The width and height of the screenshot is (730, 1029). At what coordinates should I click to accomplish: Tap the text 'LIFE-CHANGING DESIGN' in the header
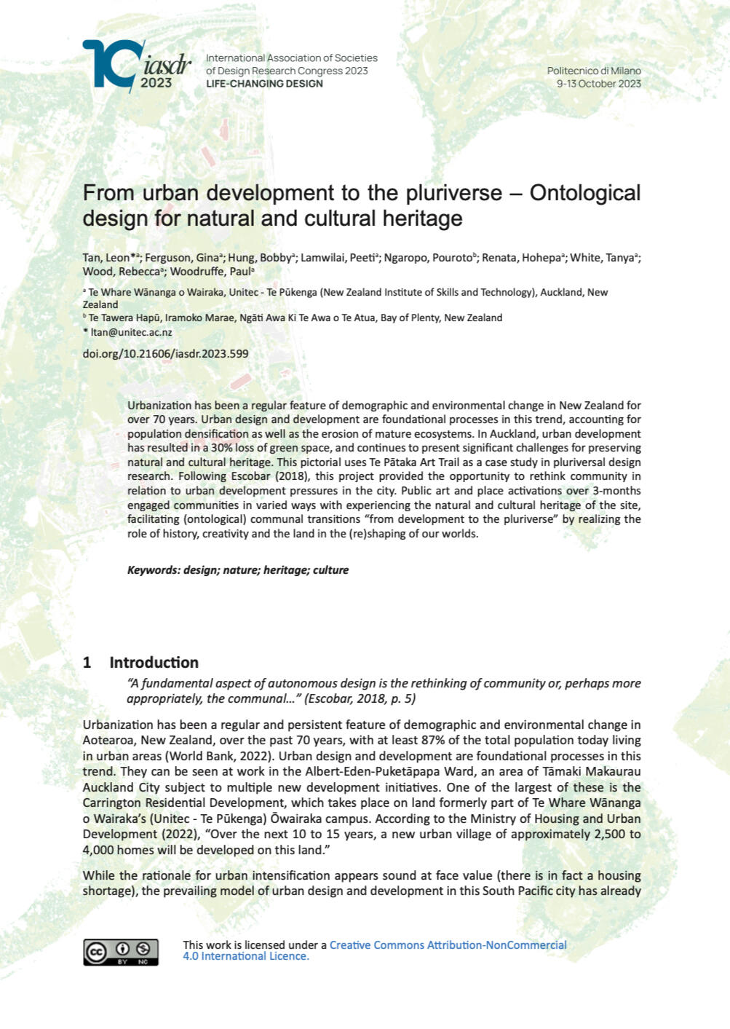pyautogui.click(x=264, y=84)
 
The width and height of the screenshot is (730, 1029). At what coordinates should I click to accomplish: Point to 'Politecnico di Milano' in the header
pyautogui.click(x=594, y=71)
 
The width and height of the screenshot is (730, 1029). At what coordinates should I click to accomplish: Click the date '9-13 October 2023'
pyautogui.click(x=598, y=84)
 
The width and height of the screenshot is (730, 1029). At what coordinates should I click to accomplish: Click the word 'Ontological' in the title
pyautogui.click(x=585, y=193)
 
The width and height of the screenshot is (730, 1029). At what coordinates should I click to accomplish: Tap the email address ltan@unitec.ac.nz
pyautogui.click(x=131, y=332)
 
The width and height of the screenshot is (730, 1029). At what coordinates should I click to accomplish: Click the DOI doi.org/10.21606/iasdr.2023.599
pyautogui.click(x=165, y=354)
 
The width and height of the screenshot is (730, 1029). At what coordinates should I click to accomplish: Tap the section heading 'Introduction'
pyautogui.click(x=154, y=663)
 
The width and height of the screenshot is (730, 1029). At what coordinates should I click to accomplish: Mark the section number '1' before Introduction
pyautogui.click(x=87, y=663)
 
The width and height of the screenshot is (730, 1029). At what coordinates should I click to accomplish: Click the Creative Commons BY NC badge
pyautogui.click(x=121, y=952)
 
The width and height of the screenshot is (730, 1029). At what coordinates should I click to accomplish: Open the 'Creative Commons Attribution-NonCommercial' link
pyautogui.click(x=448, y=945)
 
